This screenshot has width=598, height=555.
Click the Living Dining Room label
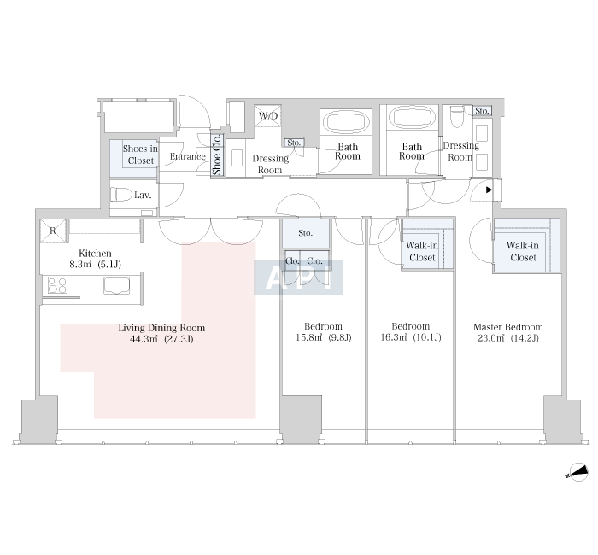click(x=161, y=328)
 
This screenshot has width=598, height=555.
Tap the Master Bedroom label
click(x=508, y=327)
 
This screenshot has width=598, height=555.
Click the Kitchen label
click(x=95, y=253)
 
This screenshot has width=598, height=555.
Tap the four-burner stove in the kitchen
click(x=57, y=285)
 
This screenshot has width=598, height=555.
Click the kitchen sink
click(x=116, y=286)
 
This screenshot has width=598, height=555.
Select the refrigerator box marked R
click(x=53, y=231)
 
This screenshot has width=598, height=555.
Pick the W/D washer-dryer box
click(x=268, y=116)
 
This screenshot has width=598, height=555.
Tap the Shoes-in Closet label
click(x=140, y=155)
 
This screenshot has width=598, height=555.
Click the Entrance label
click(x=188, y=156)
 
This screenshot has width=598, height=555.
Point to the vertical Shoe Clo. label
click(x=217, y=155)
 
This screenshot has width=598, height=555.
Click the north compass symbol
click(x=577, y=472)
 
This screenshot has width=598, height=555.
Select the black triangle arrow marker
click(x=489, y=190)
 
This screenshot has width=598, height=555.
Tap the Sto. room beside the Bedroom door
click(x=306, y=233)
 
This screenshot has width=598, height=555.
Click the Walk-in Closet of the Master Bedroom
click(x=527, y=246)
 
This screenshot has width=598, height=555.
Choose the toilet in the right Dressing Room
click(x=457, y=116)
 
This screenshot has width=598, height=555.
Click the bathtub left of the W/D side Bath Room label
click(x=346, y=122)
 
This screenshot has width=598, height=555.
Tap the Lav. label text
click(x=143, y=196)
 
